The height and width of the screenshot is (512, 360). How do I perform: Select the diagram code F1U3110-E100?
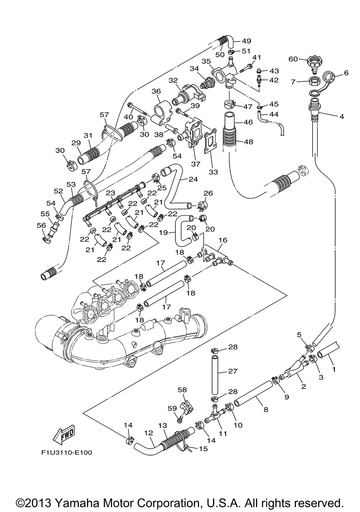67,452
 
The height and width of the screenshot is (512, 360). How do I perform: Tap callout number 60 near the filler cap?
293,59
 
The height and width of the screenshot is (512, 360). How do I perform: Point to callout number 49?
247,41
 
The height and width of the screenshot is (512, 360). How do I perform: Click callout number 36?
156,91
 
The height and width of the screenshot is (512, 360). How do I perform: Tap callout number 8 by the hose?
266,409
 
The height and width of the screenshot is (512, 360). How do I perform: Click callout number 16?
223,240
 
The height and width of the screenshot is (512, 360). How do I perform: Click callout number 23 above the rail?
110,193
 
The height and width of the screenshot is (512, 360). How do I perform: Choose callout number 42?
274,80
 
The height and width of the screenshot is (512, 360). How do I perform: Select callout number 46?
248,122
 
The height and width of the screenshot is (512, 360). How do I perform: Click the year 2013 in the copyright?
39,502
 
